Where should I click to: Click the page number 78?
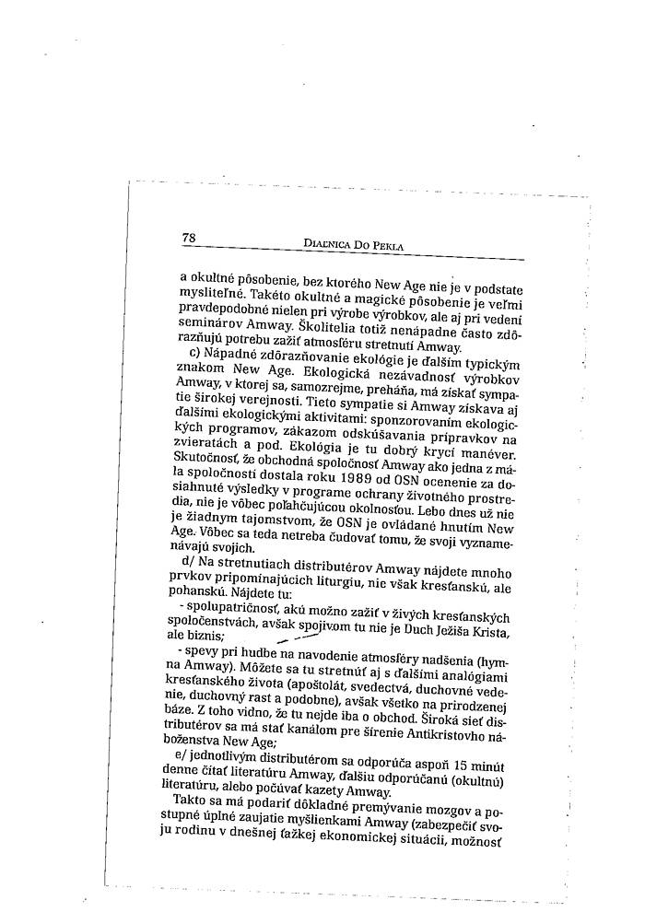point(189,238)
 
